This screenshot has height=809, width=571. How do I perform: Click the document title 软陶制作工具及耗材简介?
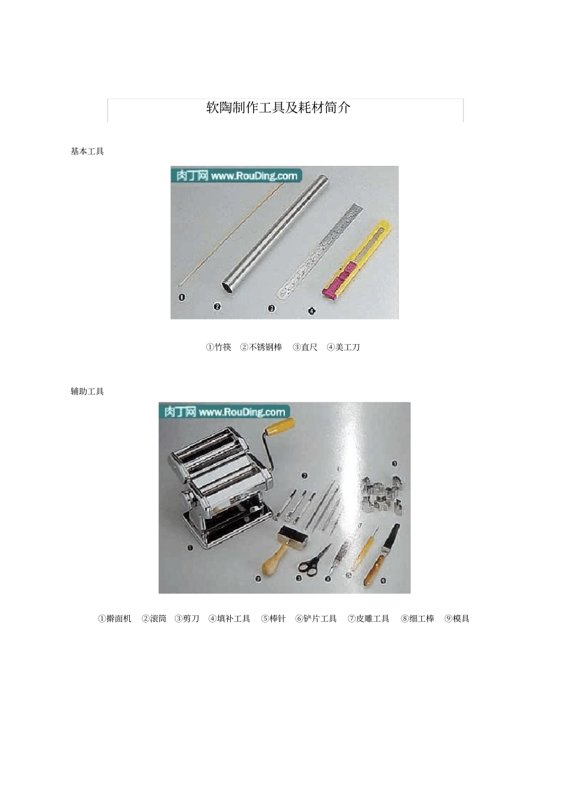[x=278, y=108]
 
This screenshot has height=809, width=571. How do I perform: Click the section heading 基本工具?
[x=87, y=152]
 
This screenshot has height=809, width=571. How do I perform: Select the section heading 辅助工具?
[x=87, y=392]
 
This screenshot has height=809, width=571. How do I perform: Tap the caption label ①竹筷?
[x=219, y=347]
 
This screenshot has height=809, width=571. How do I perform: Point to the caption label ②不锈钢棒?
[x=261, y=347]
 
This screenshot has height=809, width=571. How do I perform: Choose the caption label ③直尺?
[x=305, y=347]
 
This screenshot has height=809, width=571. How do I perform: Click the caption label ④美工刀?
[x=343, y=347]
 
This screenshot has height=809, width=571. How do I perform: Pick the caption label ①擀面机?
[x=115, y=618]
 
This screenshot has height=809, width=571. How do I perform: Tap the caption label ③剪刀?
[x=187, y=618]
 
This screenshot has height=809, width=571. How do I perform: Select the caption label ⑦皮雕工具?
[x=368, y=618]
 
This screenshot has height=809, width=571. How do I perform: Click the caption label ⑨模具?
[x=457, y=618]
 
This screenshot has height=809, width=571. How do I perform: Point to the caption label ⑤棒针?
[x=273, y=618]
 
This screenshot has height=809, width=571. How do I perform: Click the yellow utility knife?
[x=358, y=260]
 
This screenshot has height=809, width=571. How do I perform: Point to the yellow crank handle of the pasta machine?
[x=280, y=427]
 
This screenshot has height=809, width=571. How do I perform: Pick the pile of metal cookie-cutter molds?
[x=382, y=493]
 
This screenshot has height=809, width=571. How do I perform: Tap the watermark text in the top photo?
[x=236, y=176]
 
